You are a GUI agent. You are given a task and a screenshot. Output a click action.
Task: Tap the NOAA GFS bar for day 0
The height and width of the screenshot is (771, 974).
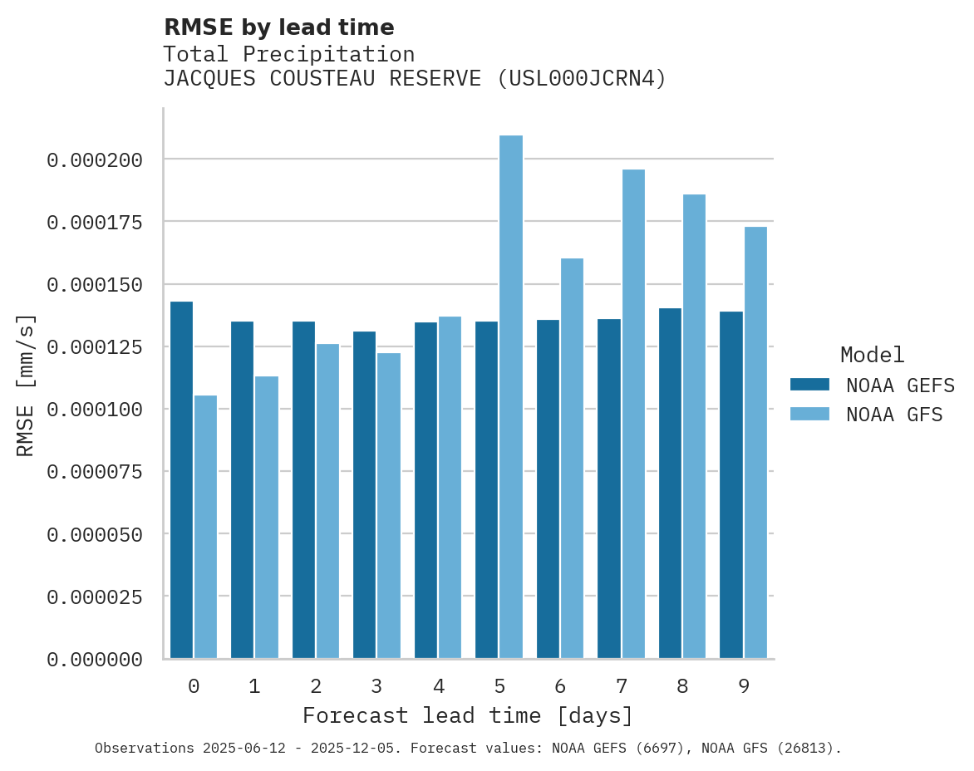tap(205, 527)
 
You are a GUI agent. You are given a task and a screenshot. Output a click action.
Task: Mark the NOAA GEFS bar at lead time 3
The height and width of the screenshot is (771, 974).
tap(364, 494)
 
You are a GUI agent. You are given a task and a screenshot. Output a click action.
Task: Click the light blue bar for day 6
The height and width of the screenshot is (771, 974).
tap(572, 458)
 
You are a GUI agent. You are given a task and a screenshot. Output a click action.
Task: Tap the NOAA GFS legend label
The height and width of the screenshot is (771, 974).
tap(894, 414)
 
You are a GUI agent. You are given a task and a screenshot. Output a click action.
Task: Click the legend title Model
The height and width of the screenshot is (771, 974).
tap(872, 355)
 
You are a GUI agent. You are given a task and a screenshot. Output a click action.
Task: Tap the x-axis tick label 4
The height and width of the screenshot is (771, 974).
tap(438, 686)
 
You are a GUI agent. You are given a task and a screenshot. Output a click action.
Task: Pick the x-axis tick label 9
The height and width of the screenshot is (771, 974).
tap(744, 686)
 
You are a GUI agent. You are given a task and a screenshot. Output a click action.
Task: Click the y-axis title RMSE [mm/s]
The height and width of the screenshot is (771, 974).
tap(27, 385)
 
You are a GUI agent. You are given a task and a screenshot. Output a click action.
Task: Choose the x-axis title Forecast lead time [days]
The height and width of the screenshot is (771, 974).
tap(468, 715)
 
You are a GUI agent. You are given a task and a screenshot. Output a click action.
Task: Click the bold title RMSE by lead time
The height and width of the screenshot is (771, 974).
tap(278, 27)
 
